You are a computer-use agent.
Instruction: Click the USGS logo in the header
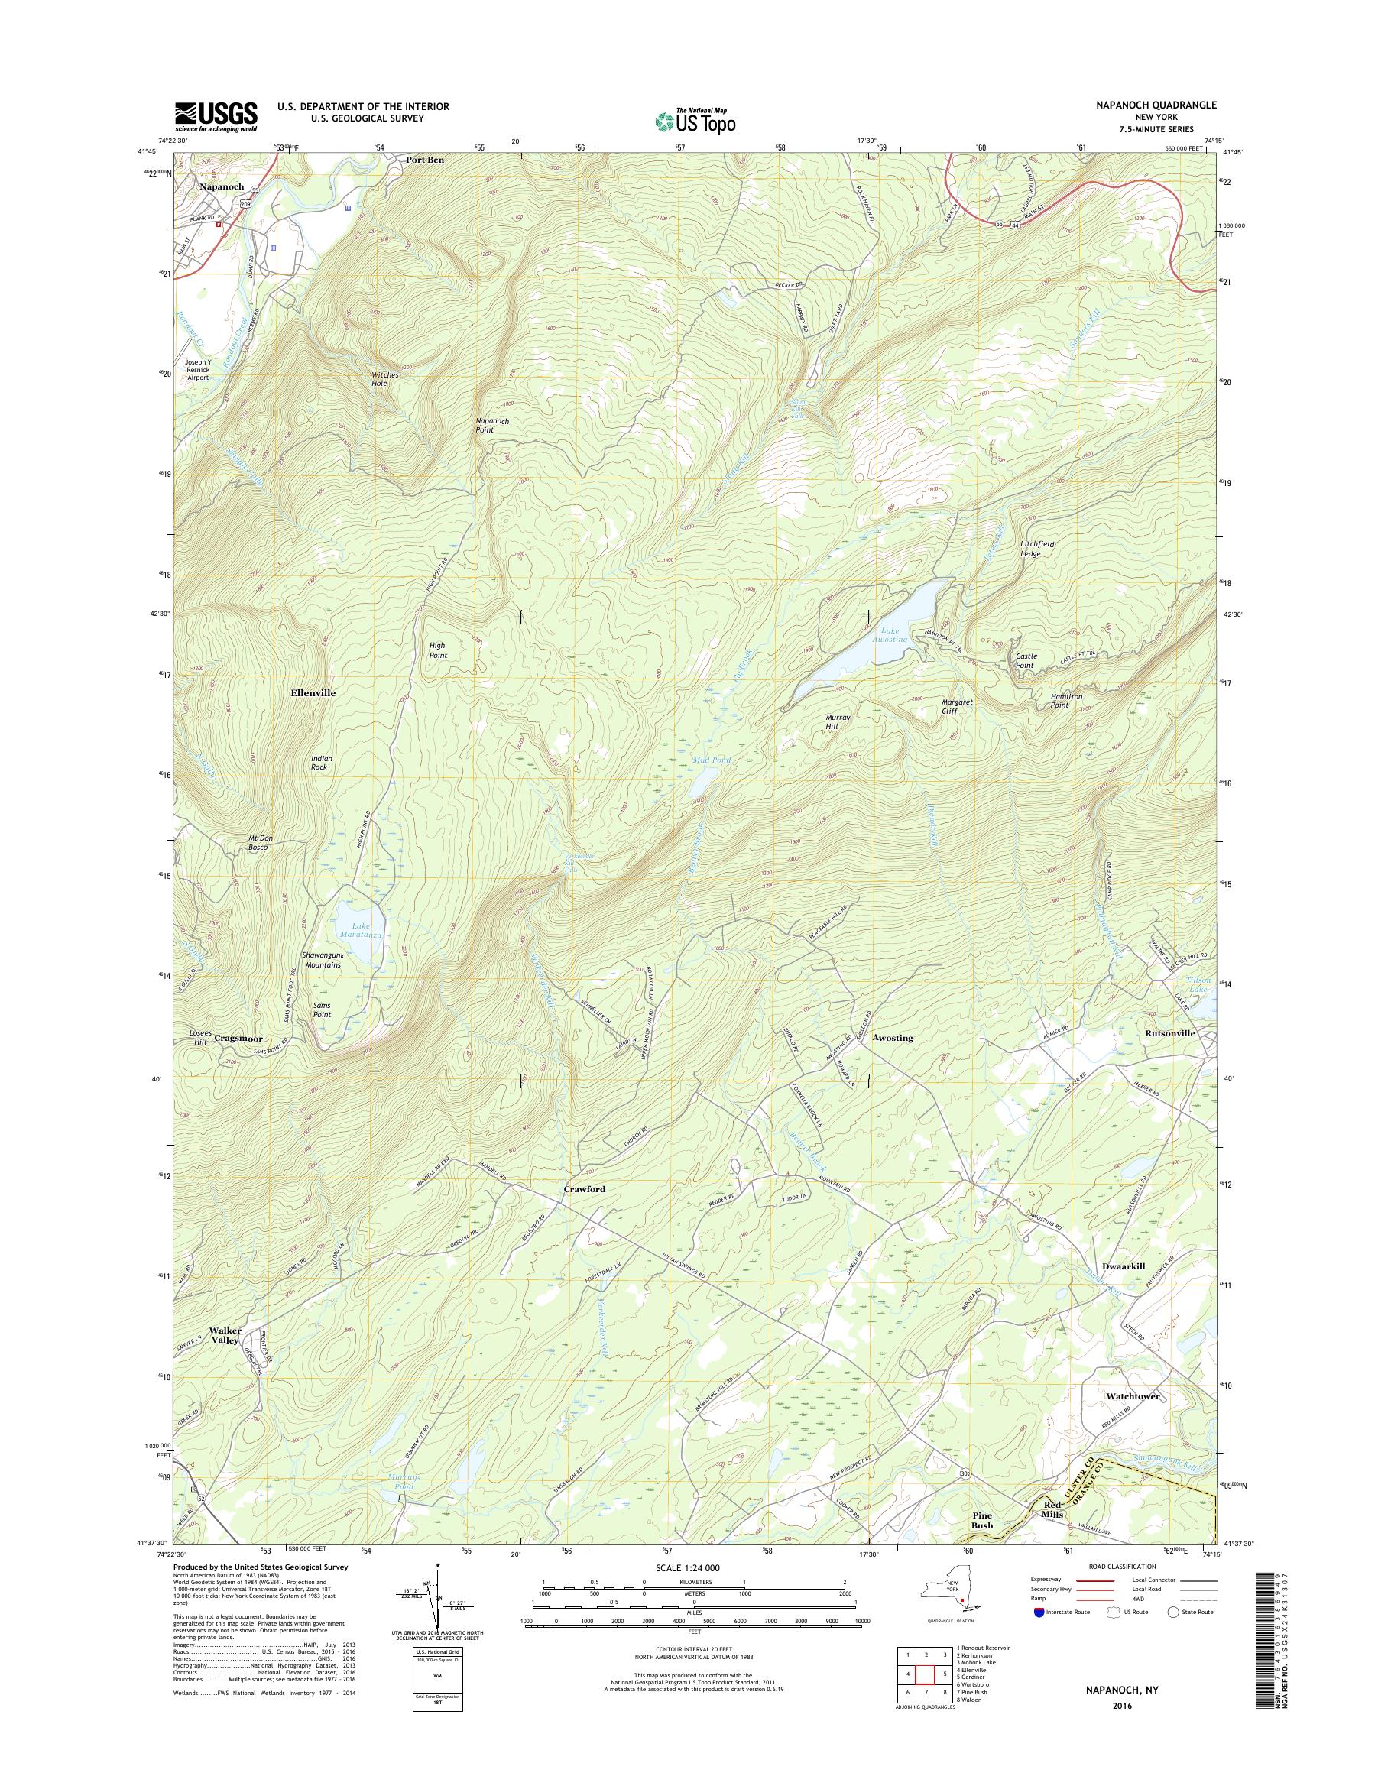tap(216, 116)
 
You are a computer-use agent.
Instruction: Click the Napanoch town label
tap(222, 186)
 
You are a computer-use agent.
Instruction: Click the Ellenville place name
tap(313, 692)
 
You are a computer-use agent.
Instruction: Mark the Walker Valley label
tap(225, 1335)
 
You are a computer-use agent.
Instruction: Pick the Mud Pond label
tap(711, 760)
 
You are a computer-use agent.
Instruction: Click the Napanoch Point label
tap(493, 425)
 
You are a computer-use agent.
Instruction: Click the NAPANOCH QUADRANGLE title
tap(1148, 105)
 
